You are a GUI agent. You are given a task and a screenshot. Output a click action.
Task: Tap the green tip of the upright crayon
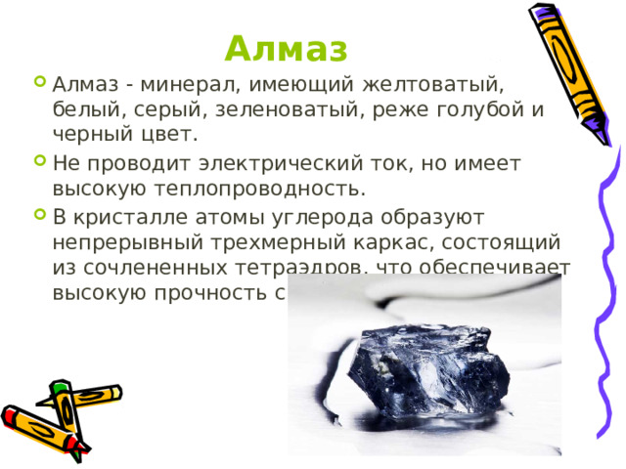click(x=60, y=387)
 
